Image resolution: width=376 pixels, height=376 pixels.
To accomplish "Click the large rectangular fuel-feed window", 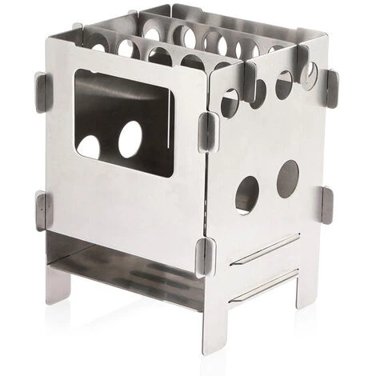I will tap(123, 120).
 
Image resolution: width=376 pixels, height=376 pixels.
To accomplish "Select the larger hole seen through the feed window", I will tap(131, 141).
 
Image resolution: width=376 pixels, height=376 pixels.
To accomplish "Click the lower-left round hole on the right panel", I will tap(247, 194).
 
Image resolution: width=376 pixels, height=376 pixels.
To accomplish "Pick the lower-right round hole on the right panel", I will tap(287, 178).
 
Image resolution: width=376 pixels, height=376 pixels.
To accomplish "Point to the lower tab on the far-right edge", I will tap(326, 205).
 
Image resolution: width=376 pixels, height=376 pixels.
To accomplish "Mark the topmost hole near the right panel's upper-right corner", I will tap(308, 74).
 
